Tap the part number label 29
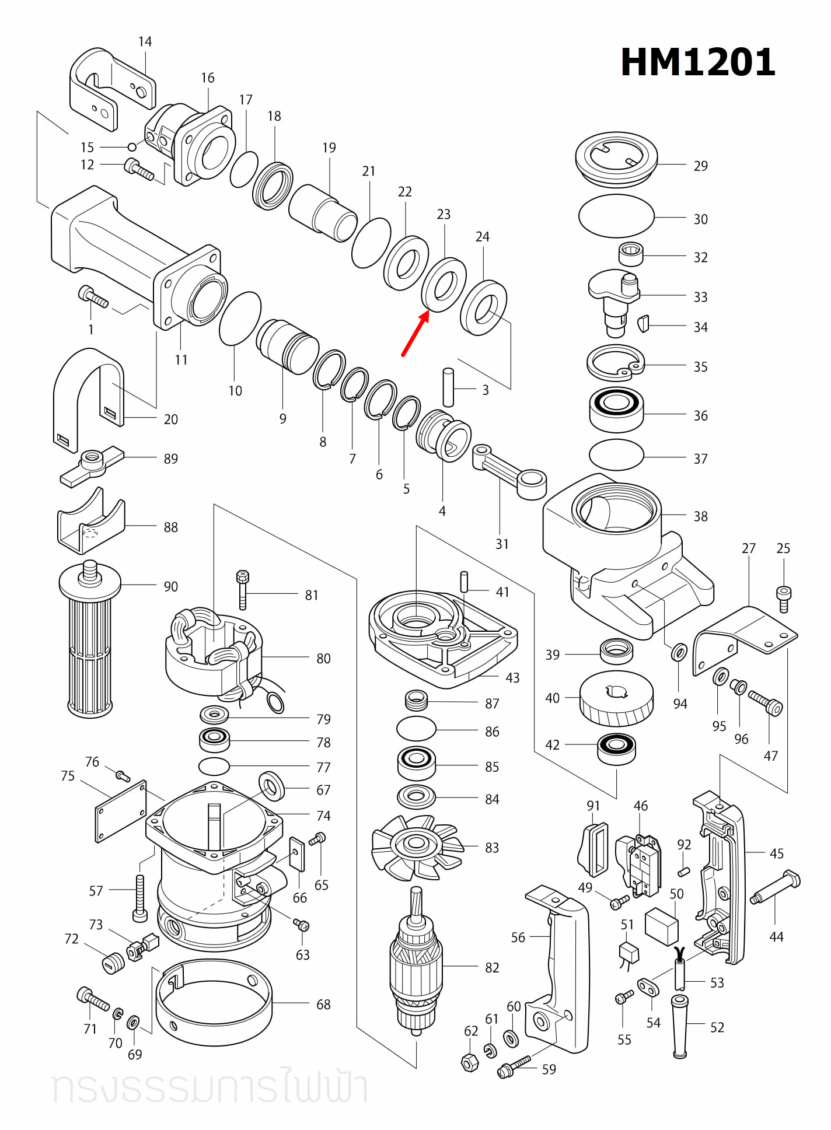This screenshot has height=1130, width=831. (700, 166)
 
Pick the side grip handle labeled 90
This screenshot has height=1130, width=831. (90, 642)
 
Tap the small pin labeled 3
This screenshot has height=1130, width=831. (448, 387)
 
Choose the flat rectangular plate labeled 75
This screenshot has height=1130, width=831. (121, 811)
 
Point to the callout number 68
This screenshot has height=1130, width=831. (323, 1005)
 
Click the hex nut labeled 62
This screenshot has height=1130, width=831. (470, 1062)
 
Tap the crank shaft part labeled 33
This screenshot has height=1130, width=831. (614, 300)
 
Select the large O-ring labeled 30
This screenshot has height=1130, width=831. (616, 216)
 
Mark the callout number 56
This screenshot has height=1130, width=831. (518, 937)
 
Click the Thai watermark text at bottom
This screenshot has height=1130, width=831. (210, 1087)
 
